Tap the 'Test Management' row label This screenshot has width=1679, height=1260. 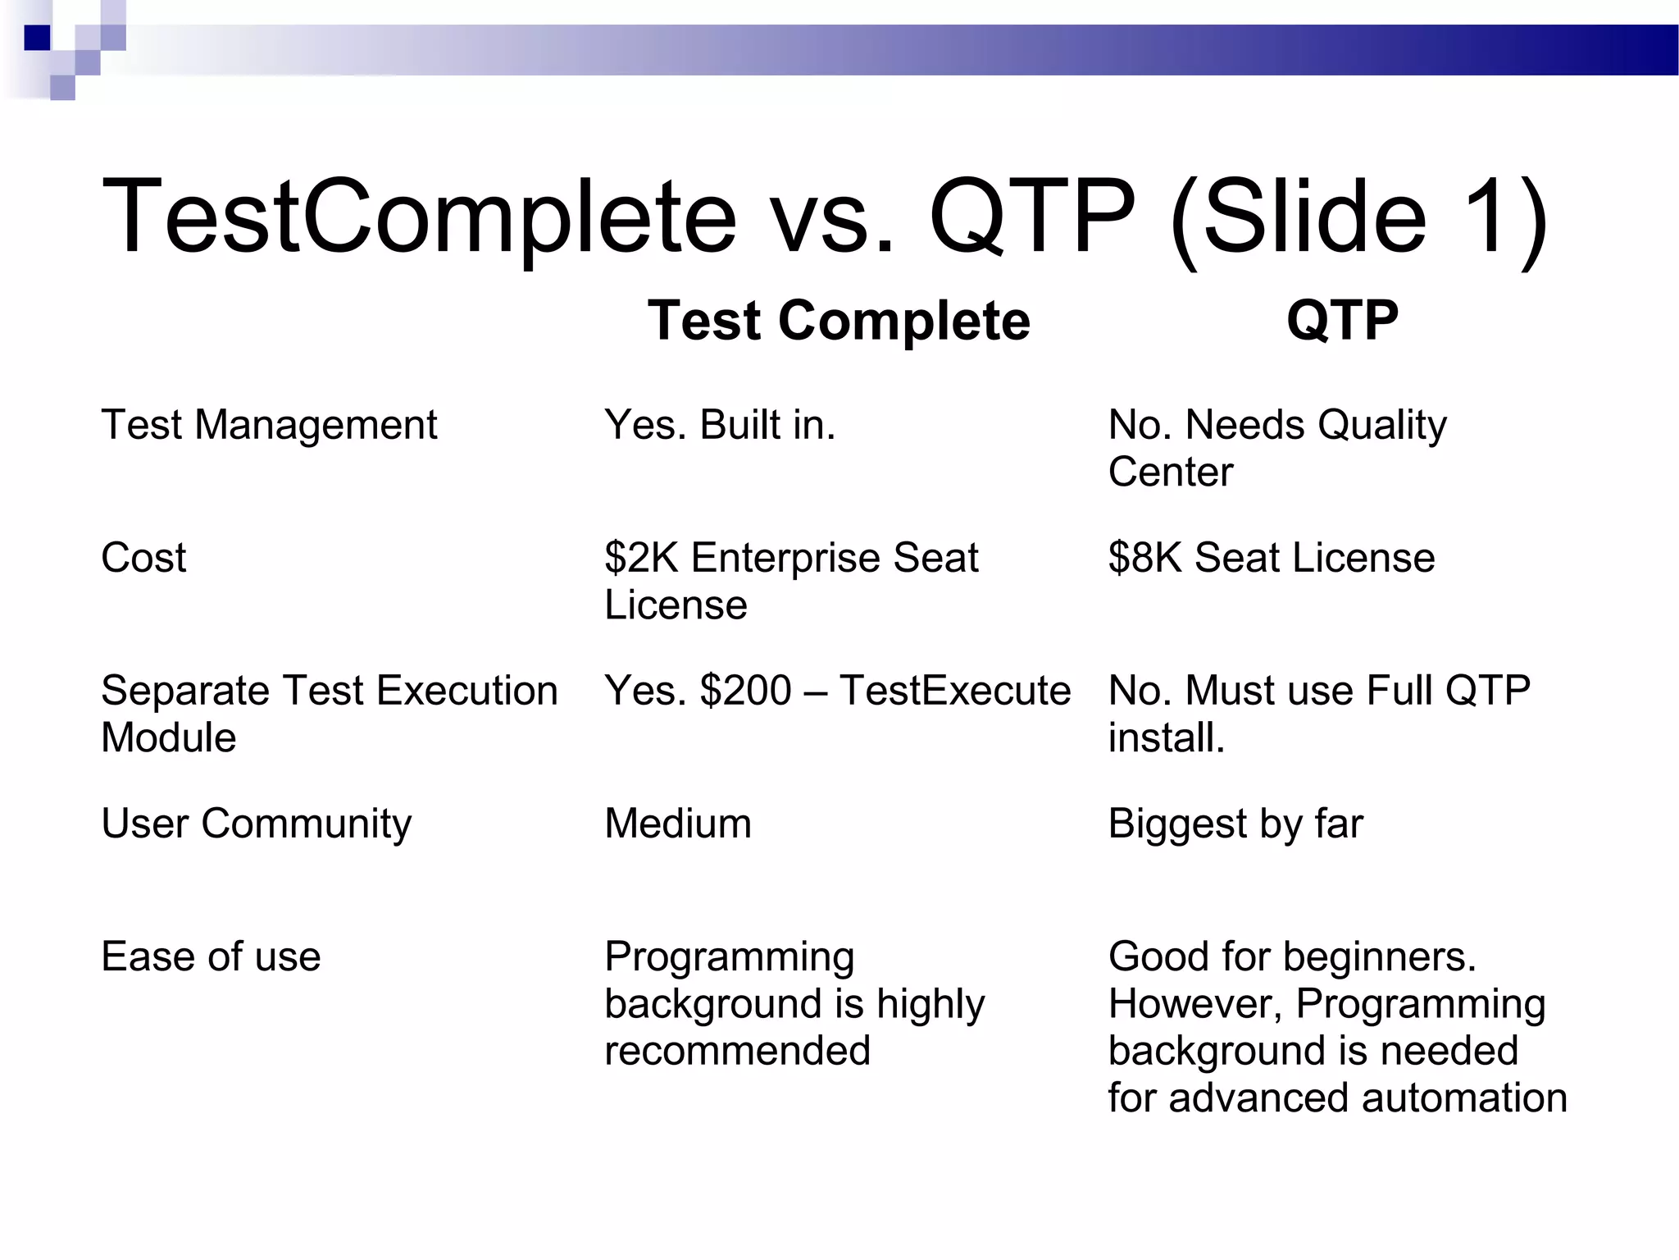[269, 425]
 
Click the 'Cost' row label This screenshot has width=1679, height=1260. [143, 558]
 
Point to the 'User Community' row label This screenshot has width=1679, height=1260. [256, 824]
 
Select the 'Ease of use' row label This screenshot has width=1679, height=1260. [211, 956]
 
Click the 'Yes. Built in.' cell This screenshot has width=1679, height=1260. [720, 425]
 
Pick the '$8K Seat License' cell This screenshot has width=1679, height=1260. [1271, 558]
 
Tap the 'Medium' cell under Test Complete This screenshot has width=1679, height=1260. [678, 824]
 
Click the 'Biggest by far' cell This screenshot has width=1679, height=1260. [1235, 824]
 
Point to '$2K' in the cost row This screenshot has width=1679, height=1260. [641, 558]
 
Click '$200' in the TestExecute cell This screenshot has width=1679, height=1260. [745, 691]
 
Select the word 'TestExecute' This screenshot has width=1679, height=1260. [955, 691]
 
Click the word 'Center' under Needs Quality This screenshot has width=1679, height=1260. [1170, 472]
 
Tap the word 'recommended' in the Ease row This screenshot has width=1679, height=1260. [737, 1051]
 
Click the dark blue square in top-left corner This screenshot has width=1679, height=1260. [37, 38]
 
